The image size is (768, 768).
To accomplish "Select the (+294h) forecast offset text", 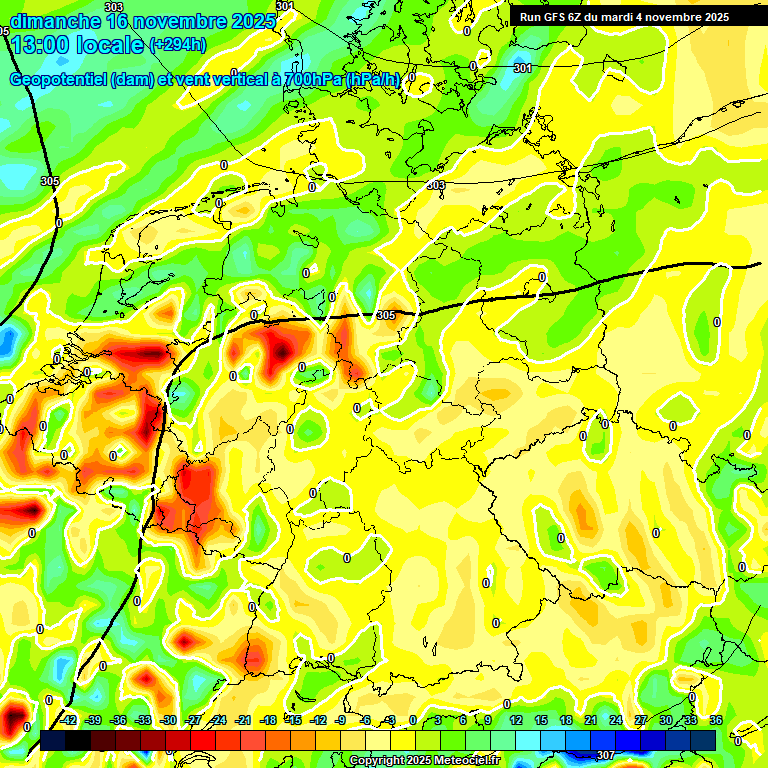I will (178, 44).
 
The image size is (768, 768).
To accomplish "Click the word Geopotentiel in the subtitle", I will (59, 80).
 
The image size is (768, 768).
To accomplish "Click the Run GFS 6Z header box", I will (624, 16).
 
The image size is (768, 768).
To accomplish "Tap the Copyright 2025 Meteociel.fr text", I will (423, 761).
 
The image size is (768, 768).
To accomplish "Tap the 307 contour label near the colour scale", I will (605, 755).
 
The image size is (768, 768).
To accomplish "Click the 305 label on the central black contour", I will (386, 315).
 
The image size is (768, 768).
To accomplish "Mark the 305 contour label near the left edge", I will (50, 181).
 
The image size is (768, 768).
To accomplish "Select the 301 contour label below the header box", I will (522, 68).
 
